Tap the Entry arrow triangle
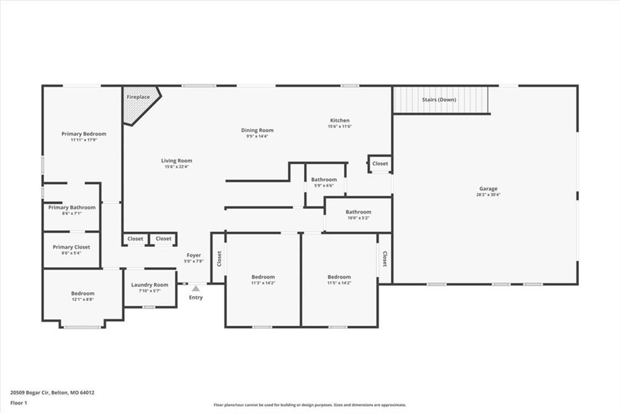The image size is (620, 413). [196, 288]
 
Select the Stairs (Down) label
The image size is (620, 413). [439, 100]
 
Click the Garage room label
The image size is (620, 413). [489, 189]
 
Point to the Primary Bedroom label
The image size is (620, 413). [84, 134]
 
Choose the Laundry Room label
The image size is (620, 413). [150, 285]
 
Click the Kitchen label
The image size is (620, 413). [340, 121]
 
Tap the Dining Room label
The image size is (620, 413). [257, 130]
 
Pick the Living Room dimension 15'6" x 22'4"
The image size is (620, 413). [176, 167]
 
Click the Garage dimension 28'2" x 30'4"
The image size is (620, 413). [489, 194]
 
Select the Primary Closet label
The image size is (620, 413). [71, 247]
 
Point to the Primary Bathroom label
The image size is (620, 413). [71, 207]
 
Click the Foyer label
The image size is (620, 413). [194, 255]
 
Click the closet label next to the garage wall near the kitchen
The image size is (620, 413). [380, 164]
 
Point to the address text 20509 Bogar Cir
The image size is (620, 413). [30, 393]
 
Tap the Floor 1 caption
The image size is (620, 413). [19, 403]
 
